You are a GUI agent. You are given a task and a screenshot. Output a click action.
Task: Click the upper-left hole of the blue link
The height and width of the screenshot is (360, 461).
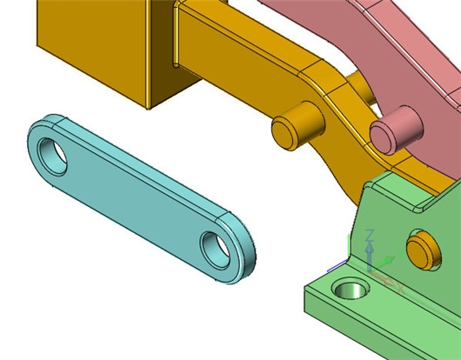(x=53, y=157)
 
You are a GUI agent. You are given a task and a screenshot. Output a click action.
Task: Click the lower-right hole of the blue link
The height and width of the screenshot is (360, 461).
(x=215, y=250)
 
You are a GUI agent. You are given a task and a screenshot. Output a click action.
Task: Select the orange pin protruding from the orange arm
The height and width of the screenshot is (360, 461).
(x=297, y=126)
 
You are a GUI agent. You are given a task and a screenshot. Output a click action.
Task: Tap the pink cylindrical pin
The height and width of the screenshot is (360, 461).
(x=396, y=130)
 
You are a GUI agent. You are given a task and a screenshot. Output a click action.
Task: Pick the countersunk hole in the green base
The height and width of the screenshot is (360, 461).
(x=351, y=290)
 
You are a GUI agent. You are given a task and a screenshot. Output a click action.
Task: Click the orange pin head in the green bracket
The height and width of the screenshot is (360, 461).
(x=424, y=250)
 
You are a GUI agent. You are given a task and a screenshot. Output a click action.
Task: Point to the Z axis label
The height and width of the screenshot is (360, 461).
(x=370, y=236)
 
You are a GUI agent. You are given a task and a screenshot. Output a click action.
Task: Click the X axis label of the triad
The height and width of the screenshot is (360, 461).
(x=401, y=289)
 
